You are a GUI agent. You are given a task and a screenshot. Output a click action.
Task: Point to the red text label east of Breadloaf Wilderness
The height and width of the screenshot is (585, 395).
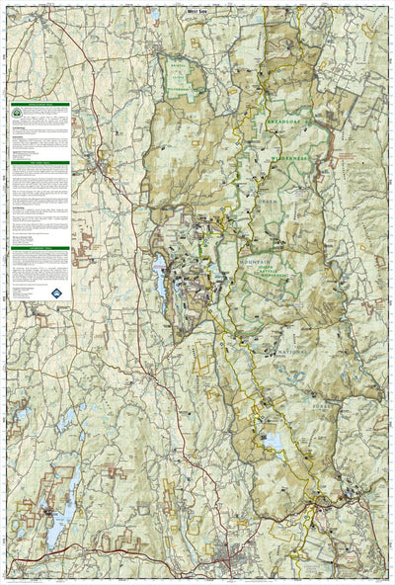[348, 161]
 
